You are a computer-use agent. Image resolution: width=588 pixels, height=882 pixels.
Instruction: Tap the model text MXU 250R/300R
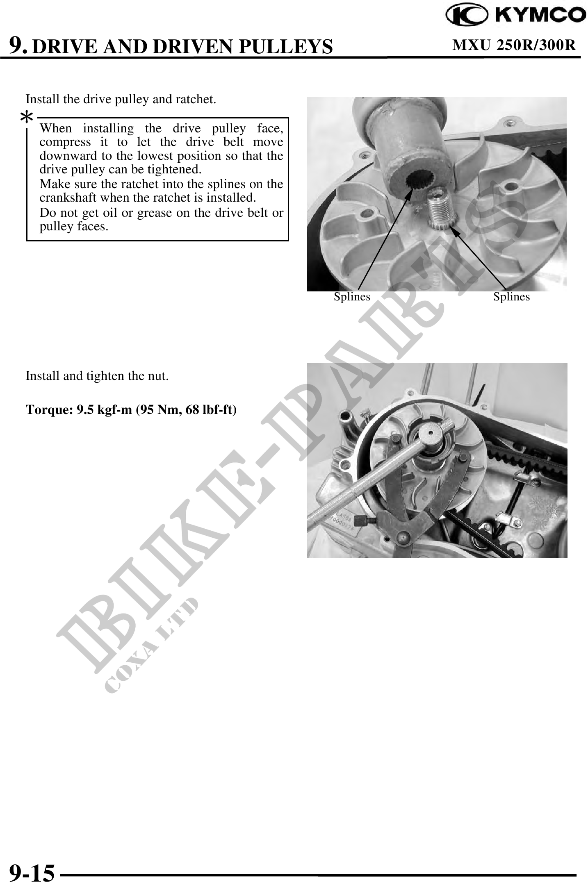[x=514, y=45]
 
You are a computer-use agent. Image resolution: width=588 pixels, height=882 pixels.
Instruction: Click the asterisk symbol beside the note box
[x=27, y=118]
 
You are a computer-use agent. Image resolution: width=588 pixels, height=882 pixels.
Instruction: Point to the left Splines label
[x=352, y=297]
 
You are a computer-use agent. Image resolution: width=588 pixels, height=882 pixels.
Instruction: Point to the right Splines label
[x=511, y=297]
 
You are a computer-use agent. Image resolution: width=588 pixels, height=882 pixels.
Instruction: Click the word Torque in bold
[x=49, y=410]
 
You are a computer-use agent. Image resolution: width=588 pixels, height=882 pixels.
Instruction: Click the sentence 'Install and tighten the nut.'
[x=97, y=376]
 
